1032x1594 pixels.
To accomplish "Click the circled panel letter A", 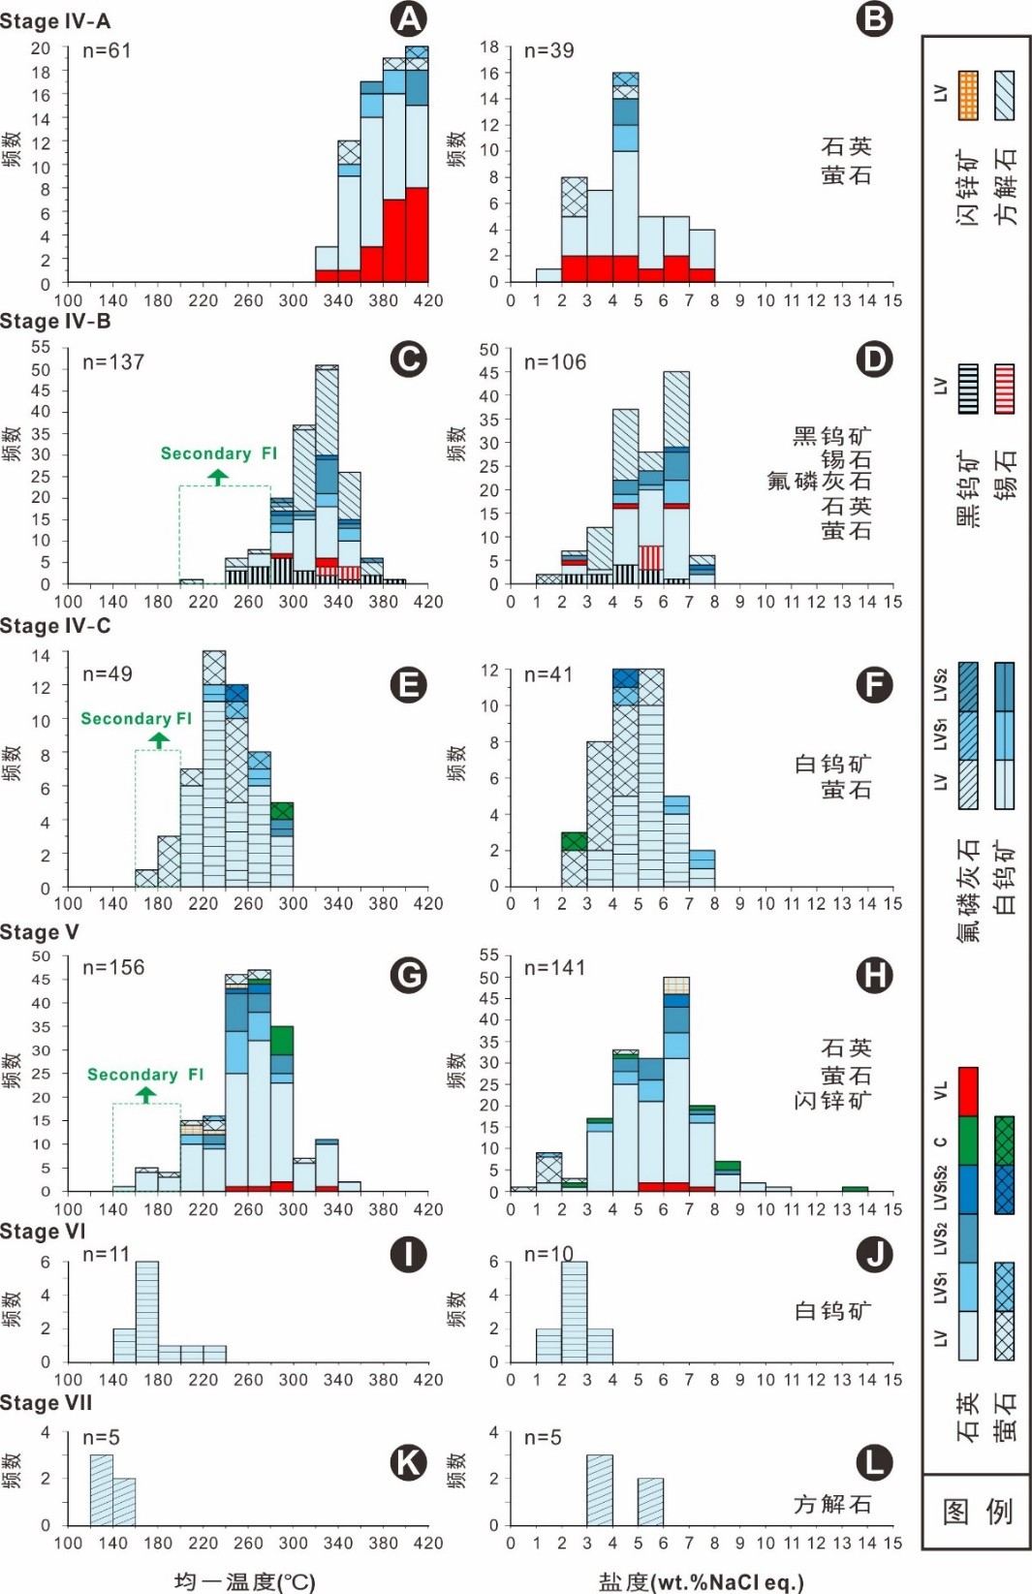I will [408, 19].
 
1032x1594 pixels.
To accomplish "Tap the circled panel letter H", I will [874, 974].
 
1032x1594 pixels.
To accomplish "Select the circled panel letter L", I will [874, 1462].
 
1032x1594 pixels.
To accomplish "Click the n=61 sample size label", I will [107, 51].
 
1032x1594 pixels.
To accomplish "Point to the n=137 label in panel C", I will [113, 362].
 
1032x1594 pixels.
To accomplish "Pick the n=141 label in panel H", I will [555, 968].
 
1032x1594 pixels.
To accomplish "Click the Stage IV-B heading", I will [55, 322].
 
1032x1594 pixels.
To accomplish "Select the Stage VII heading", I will [47, 1403].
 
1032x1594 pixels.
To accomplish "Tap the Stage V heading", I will [40, 932].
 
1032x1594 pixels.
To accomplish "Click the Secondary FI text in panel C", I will [218, 453].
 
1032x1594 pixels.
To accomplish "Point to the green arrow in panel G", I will [145, 1095].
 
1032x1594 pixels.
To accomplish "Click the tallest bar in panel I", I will [146, 1311].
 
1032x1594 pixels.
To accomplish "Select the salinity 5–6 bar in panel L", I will [650, 1501].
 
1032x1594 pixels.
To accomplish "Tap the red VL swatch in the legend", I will [968, 1092].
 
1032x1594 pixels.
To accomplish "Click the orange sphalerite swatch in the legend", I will [968, 95].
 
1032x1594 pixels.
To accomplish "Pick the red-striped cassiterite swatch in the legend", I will [1005, 389].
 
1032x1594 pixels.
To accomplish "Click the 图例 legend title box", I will [977, 1511].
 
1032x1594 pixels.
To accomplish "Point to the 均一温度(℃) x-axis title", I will [244, 1581].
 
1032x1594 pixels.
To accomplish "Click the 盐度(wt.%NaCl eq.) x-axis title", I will [701, 1581].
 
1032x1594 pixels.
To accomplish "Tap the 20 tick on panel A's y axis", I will [40, 48].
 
